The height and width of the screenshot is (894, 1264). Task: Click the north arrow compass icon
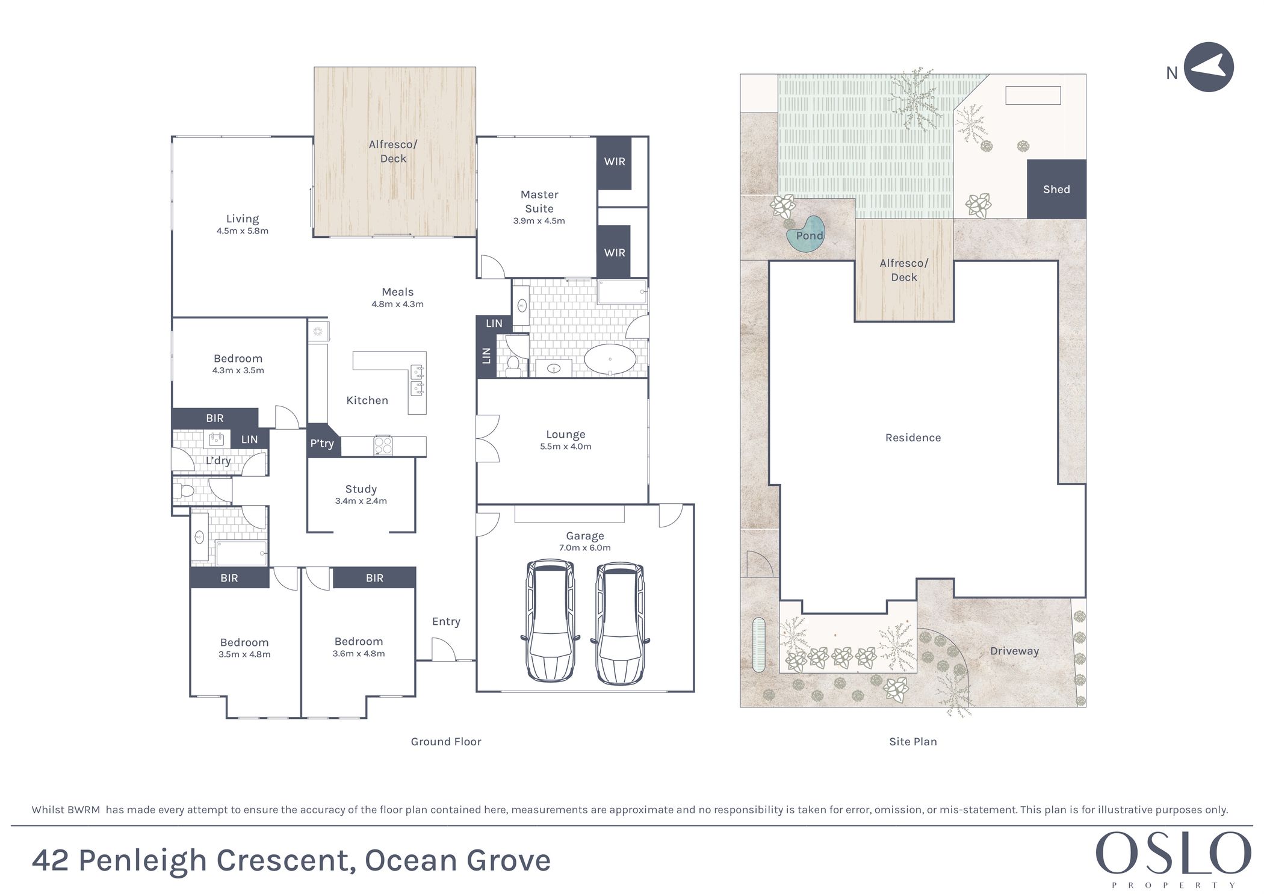pos(1209,67)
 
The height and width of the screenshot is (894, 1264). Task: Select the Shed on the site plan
pos(1056,189)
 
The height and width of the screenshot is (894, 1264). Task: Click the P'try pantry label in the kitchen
pos(322,444)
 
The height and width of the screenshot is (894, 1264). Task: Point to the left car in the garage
pos(550,622)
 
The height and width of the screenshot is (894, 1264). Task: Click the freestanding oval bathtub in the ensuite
pos(610,359)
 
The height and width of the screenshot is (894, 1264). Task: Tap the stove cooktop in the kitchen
pos(383,445)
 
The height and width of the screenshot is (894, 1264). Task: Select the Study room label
pos(361,489)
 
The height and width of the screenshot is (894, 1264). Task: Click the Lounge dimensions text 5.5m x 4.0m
pos(566,447)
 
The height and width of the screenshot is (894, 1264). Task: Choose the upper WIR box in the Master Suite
pos(614,163)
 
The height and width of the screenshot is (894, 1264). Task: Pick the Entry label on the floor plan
pos(446,622)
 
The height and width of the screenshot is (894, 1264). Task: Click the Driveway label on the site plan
pos(1015,651)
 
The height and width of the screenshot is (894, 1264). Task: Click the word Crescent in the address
pos(283,860)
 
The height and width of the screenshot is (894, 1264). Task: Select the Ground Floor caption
pos(446,742)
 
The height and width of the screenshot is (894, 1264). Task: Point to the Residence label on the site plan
pos(913,438)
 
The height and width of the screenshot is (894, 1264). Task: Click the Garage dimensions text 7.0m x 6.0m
pos(585,548)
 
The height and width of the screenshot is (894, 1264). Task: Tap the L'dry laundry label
pos(218,461)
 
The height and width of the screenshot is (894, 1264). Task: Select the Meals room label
pos(398,292)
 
